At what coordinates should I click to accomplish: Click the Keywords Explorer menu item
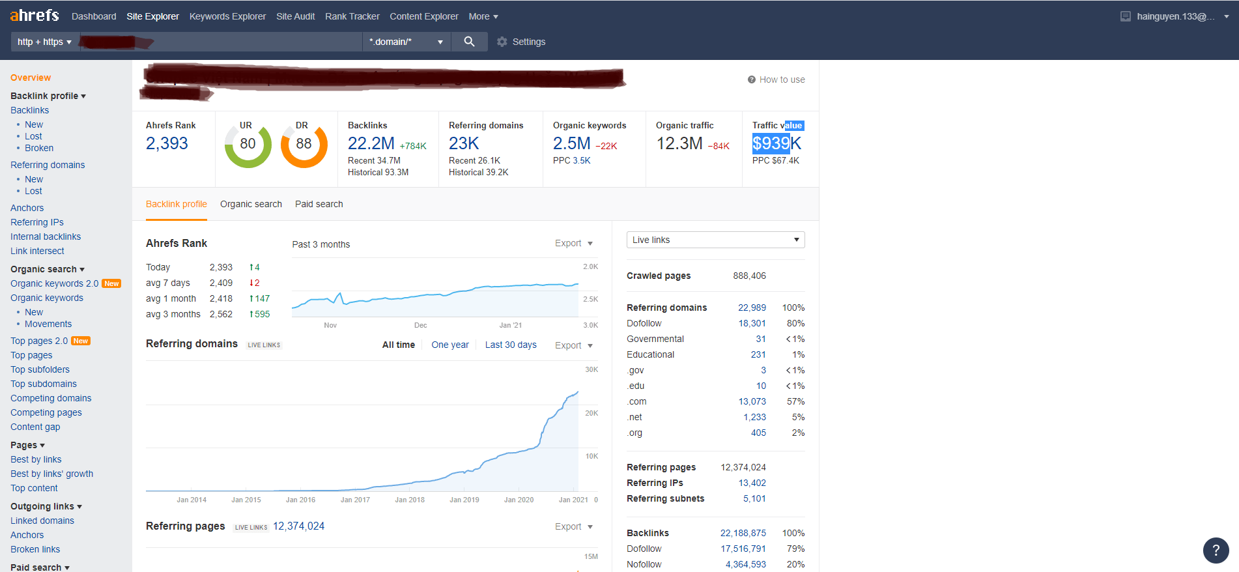pyautogui.click(x=227, y=16)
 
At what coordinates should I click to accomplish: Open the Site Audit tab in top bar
pyautogui.click(x=295, y=16)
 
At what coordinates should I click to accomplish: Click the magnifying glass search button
pyautogui.click(x=469, y=42)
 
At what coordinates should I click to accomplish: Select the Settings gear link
pyautogui.click(x=521, y=42)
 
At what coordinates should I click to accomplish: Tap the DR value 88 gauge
pyautogui.click(x=304, y=145)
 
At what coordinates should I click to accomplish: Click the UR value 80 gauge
pyautogui.click(x=248, y=145)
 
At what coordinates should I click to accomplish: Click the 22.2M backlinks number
pyautogui.click(x=371, y=143)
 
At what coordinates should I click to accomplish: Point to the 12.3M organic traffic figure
pyautogui.click(x=679, y=143)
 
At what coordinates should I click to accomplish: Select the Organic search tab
pyautogui.click(x=251, y=204)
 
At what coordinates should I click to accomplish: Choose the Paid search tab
pyautogui.click(x=319, y=204)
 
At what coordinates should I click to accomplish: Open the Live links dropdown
pyautogui.click(x=715, y=240)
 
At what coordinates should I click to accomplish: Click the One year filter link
pyautogui.click(x=449, y=345)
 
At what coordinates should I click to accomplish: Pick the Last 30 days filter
pyautogui.click(x=511, y=345)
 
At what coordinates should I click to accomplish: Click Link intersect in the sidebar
pyautogui.click(x=37, y=251)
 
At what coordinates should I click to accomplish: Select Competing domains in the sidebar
pyautogui.click(x=51, y=398)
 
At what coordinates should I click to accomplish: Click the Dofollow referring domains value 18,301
pyautogui.click(x=752, y=323)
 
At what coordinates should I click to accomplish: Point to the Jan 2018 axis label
pyautogui.click(x=410, y=500)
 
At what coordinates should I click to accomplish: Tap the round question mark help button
pyautogui.click(x=1216, y=550)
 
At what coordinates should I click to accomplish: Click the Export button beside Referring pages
pyautogui.click(x=573, y=526)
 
